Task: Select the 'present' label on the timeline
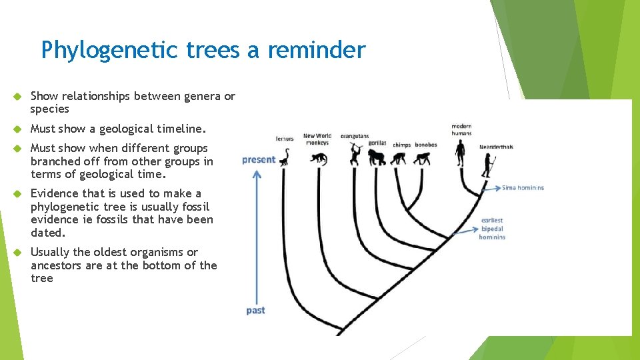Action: click(258, 159)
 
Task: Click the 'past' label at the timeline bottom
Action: click(255, 311)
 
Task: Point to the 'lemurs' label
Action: click(285, 139)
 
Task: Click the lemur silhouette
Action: click(285, 158)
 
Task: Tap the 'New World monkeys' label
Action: click(317, 139)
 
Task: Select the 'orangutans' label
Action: click(354, 136)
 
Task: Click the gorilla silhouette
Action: click(377, 158)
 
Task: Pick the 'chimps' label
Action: click(401, 145)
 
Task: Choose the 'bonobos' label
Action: click(425, 145)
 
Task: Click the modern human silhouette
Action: click(461, 153)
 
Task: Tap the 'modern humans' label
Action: click(461, 129)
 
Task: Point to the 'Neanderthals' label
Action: click(496, 147)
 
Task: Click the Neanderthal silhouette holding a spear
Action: click(491, 166)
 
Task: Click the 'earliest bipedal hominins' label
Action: click(492, 229)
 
